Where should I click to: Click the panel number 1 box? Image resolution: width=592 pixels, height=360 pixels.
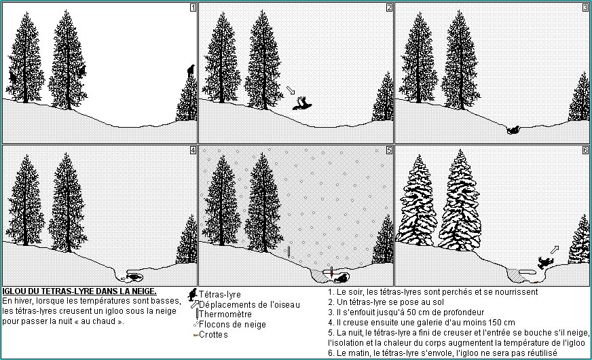(193, 7)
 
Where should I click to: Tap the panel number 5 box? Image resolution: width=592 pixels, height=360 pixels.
(389, 150)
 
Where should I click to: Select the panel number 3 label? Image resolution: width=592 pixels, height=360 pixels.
(585, 7)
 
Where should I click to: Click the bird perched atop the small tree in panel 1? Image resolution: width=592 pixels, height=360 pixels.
(191, 70)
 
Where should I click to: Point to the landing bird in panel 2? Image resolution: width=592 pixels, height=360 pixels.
(302, 104)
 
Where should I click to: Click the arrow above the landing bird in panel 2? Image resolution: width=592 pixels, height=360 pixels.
(291, 90)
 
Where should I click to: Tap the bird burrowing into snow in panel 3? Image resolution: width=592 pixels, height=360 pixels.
(513, 130)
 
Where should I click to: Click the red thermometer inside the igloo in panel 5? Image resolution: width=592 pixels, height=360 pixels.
(331, 272)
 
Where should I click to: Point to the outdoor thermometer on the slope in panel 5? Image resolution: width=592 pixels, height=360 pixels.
(289, 251)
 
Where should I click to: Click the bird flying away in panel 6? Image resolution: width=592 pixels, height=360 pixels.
(544, 262)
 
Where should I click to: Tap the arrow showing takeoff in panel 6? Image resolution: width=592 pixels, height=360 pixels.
(555, 250)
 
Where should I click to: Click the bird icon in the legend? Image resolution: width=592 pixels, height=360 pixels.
(193, 295)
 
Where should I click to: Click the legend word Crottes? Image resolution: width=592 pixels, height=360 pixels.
(213, 335)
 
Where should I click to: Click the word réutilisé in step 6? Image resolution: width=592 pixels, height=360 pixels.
(540, 353)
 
